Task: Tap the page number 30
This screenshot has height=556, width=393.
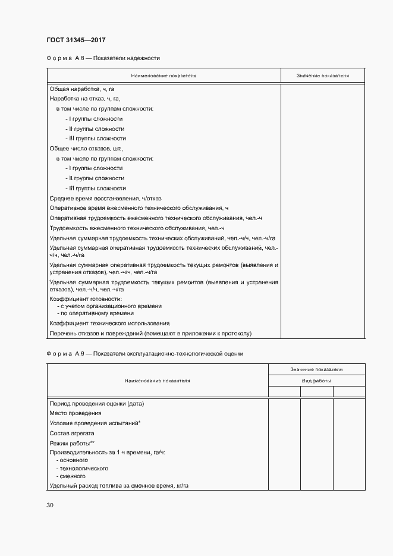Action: click(49, 505)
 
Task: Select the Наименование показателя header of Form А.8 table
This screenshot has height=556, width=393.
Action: click(164, 76)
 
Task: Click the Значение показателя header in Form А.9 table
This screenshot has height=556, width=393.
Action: click(316, 369)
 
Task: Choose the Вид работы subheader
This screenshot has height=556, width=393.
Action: click(316, 380)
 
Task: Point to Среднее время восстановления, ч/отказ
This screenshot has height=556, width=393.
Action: click(105, 198)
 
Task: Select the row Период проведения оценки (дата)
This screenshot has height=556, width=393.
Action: click(98, 403)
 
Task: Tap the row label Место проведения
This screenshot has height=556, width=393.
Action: click(75, 413)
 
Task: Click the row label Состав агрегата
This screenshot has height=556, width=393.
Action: click(73, 434)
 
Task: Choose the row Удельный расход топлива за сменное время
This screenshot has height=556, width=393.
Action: click(119, 485)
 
